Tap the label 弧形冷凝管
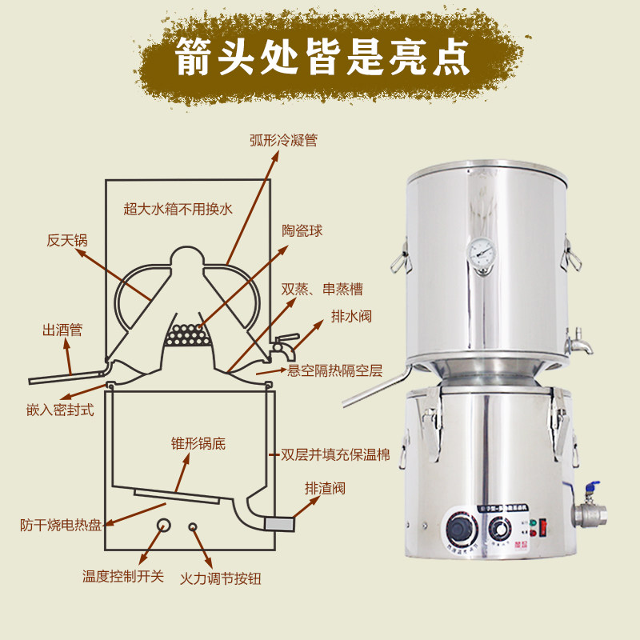284,140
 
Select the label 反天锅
66,240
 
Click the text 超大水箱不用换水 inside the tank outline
178,210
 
